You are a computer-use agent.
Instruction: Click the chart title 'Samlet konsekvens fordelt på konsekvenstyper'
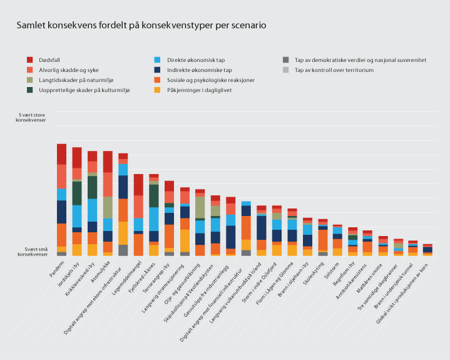(x=141, y=26)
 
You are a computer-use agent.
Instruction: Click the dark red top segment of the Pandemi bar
(x=61, y=154)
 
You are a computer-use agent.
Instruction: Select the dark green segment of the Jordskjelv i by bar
(x=77, y=193)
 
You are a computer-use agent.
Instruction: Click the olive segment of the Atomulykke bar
(x=108, y=207)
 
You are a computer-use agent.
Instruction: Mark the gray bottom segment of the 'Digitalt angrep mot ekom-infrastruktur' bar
(x=123, y=250)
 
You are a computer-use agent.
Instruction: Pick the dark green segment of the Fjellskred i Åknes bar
(x=154, y=195)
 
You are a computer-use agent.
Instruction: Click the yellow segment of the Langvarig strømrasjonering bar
(x=185, y=240)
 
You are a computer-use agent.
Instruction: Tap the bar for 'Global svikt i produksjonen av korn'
(x=427, y=250)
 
